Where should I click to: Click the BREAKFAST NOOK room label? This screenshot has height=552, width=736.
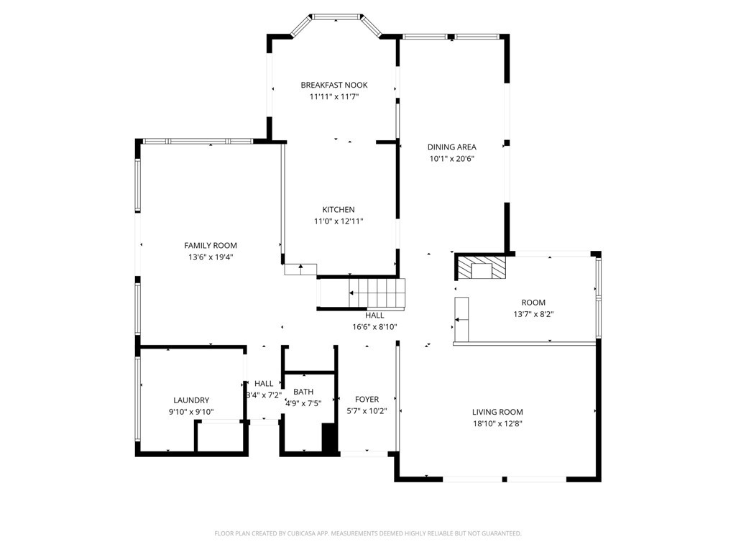pos(334,85)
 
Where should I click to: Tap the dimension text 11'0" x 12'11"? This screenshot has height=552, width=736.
pos(339,221)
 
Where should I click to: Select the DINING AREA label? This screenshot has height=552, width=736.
pos(451,147)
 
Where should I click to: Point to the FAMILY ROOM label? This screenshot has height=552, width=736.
pos(211,246)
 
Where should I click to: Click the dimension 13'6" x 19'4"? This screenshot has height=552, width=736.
pos(211,257)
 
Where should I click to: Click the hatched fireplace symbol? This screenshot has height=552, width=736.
pos(480,267)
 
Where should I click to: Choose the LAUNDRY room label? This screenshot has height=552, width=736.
pos(191,400)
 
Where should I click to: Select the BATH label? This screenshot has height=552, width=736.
pos(303,392)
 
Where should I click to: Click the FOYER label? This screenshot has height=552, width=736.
pos(367,400)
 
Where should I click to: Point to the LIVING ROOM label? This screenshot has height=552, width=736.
pos(497,412)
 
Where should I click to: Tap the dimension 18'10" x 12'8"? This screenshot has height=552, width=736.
pos(497,424)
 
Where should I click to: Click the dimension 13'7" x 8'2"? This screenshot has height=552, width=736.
pos(533,315)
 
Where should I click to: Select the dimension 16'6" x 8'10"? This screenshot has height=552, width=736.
pos(374,327)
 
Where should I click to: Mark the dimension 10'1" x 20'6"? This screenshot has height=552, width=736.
pos(451,159)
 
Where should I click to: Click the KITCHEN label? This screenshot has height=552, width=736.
pos(339,210)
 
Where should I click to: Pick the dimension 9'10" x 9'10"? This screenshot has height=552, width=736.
pos(191,412)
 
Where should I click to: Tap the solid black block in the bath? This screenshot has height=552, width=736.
pos(329,438)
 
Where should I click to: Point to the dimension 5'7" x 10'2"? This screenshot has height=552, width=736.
pos(367,412)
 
